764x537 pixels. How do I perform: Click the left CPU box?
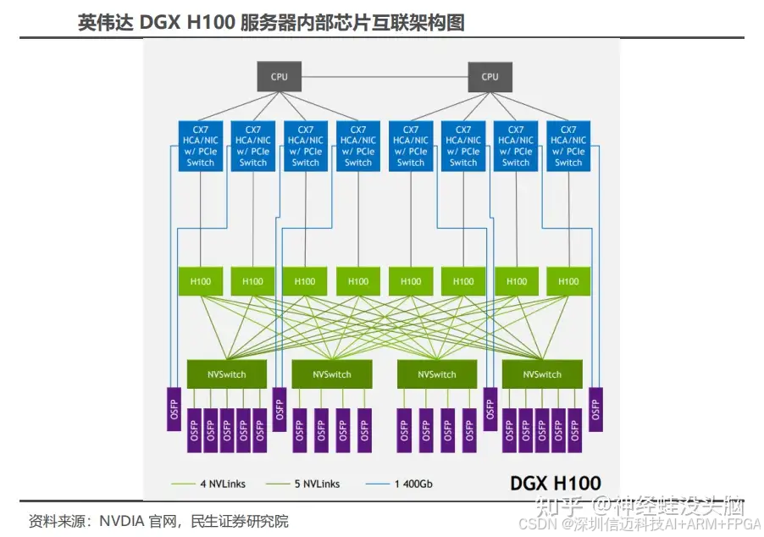[x=279, y=76]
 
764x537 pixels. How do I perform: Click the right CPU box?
[x=490, y=76]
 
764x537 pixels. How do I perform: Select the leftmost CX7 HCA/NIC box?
[x=201, y=146]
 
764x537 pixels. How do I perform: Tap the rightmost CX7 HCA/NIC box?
[x=568, y=146]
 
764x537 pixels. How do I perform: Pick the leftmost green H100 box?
[x=201, y=281]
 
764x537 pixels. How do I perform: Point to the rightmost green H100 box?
[x=568, y=281]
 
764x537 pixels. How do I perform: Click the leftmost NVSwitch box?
[x=226, y=374]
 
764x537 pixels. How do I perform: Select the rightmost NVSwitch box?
[x=542, y=374]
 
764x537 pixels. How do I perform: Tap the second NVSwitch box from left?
[x=331, y=374]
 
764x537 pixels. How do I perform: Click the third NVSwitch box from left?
[x=437, y=374]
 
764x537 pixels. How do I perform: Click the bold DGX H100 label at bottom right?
[x=555, y=483]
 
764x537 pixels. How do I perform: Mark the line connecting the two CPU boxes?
[x=384, y=76]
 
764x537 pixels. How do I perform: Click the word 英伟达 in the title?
[x=100, y=23]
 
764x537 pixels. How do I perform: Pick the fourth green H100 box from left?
[x=358, y=281]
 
